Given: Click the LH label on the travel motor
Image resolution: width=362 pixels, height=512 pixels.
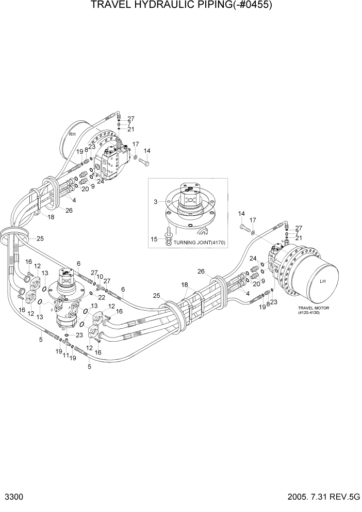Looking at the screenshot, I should pyautogui.click(x=323, y=281).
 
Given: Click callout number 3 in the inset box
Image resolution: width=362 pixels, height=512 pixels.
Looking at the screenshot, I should pyautogui.click(x=155, y=201).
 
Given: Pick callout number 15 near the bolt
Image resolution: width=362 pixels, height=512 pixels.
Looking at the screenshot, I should pyautogui.click(x=153, y=239).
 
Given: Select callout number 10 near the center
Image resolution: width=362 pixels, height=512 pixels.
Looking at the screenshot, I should pyautogui.click(x=100, y=277).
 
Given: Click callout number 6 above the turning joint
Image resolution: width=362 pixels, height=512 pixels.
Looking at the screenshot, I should pyautogui.click(x=78, y=263).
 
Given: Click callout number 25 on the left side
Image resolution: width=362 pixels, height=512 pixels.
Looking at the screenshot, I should pyautogui.click(x=40, y=238).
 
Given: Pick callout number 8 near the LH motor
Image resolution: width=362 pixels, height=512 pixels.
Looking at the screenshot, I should pyautogui.click(x=268, y=304).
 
